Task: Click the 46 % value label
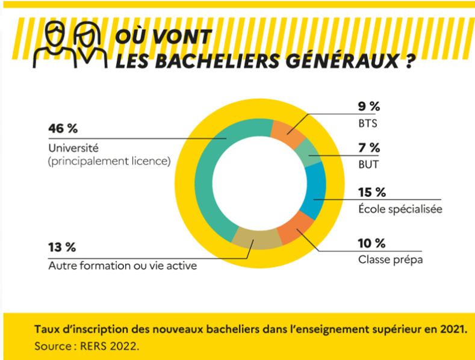point(63,129)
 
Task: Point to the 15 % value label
point(371,193)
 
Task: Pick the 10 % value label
point(371,243)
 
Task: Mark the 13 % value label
point(62,247)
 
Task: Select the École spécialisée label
point(400,209)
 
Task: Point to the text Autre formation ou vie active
point(122,265)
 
